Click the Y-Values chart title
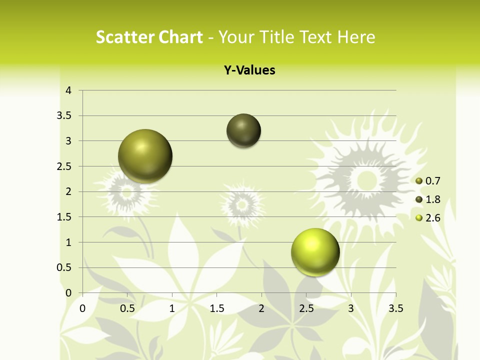click(x=249, y=70)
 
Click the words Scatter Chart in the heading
click(x=149, y=37)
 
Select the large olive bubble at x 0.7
click(x=145, y=155)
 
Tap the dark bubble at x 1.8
click(x=243, y=130)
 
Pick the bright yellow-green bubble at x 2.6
click(x=315, y=251)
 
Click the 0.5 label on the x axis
click(x=127, y=308)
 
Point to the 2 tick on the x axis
click(x=261, y=308)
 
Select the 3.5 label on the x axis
click(x=395, y=308)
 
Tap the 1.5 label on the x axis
click(x=217, y=308)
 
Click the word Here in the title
click(x=356, y=37)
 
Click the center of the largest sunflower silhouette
click(x=366, y=179)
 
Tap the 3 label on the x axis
click(x=351, y=308)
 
